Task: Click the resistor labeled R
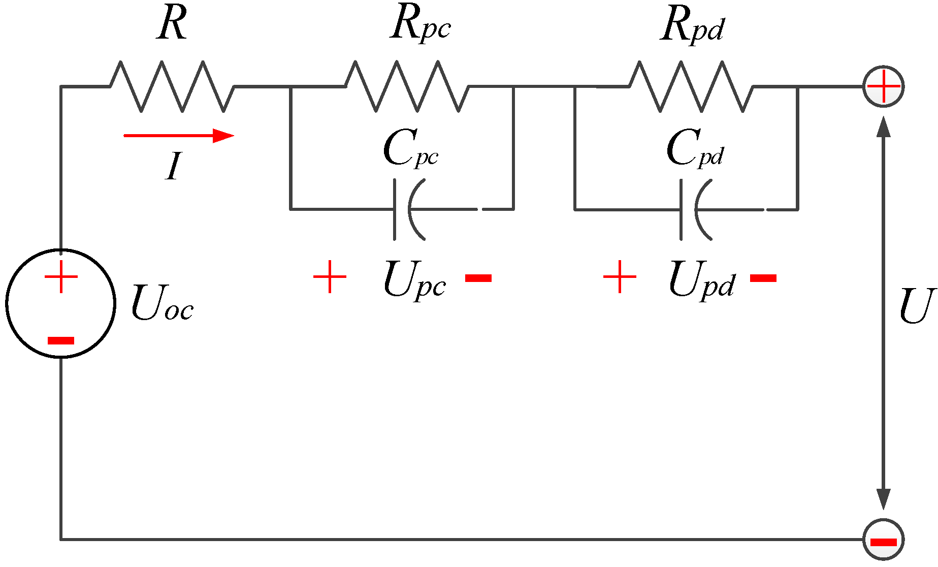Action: (172, 86)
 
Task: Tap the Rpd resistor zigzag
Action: (691, 86)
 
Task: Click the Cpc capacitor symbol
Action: (408, 209)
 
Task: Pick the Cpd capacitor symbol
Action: (695, 209)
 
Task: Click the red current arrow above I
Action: (178, 136)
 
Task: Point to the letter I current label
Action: (173, 166)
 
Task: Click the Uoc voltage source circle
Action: (61, 303)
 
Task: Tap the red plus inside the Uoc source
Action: (61, 277)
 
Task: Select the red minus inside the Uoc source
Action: (61, 340)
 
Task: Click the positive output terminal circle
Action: (883, 86)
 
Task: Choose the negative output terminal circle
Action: (883, 540)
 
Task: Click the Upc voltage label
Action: (414, 280)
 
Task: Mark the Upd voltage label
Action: (701, 280)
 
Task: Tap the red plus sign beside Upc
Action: (330, 277)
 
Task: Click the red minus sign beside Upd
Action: (763, 278)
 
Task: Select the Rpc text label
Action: (420, 25)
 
